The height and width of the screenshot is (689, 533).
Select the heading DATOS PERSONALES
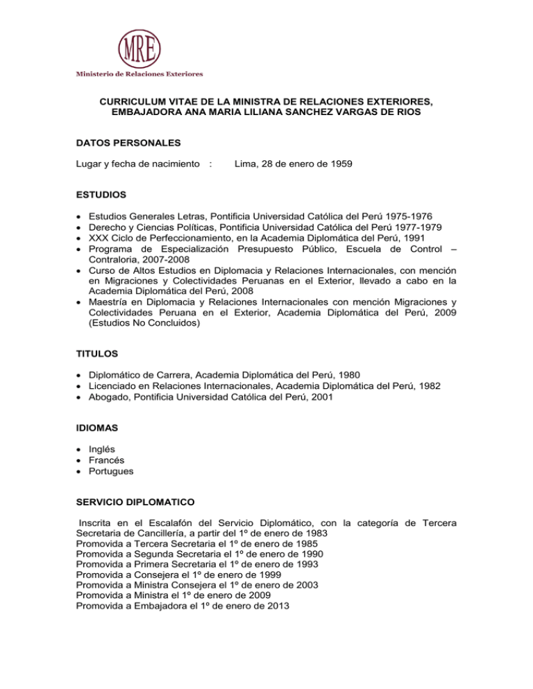click(123, 143)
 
